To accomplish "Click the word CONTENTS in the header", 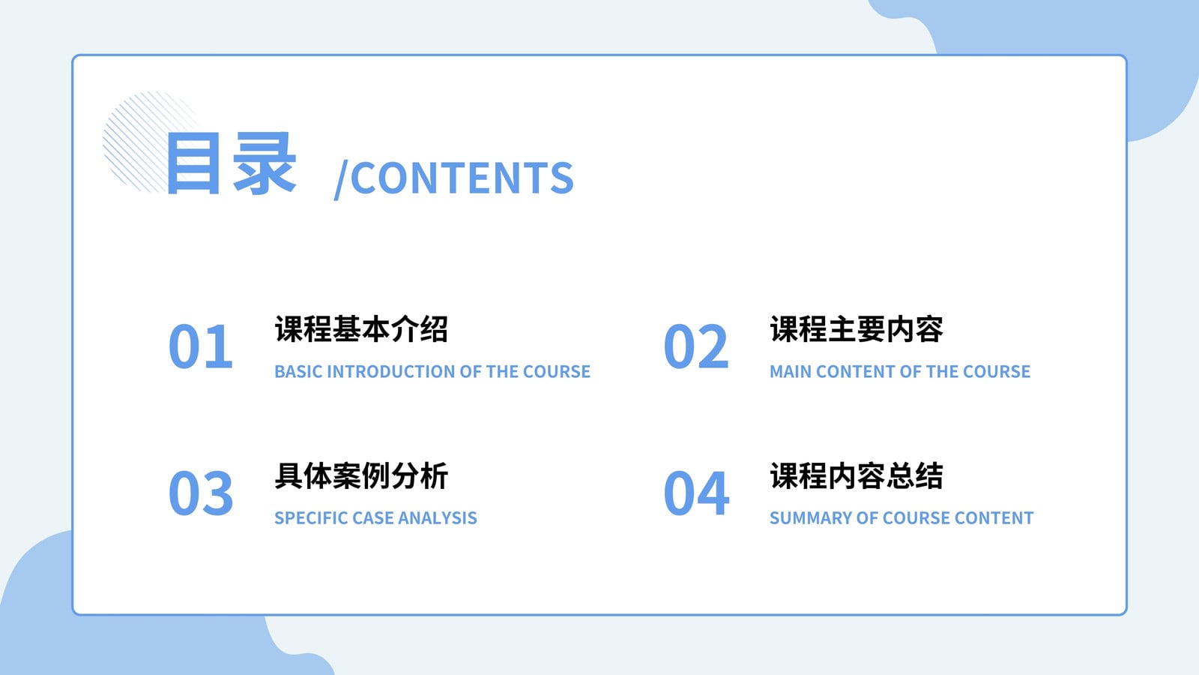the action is click(x=462, y=178).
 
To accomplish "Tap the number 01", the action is click(x=201, y=346).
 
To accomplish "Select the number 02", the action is click(x=696, y=346).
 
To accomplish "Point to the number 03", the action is click(x=201, y=493).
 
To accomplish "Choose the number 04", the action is click(x=696, y=493).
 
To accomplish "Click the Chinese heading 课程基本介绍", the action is click(x=361, y=328).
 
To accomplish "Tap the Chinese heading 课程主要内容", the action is click(x=857, y=328).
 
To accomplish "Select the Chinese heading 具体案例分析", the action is click(x=361, y=475).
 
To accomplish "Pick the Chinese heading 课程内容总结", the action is click(x=857, y=475).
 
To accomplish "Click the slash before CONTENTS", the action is click(x=341, y=180).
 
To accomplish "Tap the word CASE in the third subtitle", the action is click(x=373, y=518).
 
